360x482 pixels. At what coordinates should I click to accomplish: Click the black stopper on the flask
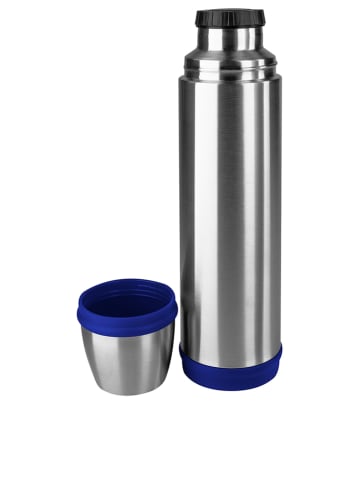(229, 18)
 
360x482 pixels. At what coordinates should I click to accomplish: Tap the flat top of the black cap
(229, 12)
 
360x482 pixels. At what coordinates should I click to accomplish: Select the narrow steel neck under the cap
(229, 38)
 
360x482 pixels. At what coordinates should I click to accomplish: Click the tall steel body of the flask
(230, 200)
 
